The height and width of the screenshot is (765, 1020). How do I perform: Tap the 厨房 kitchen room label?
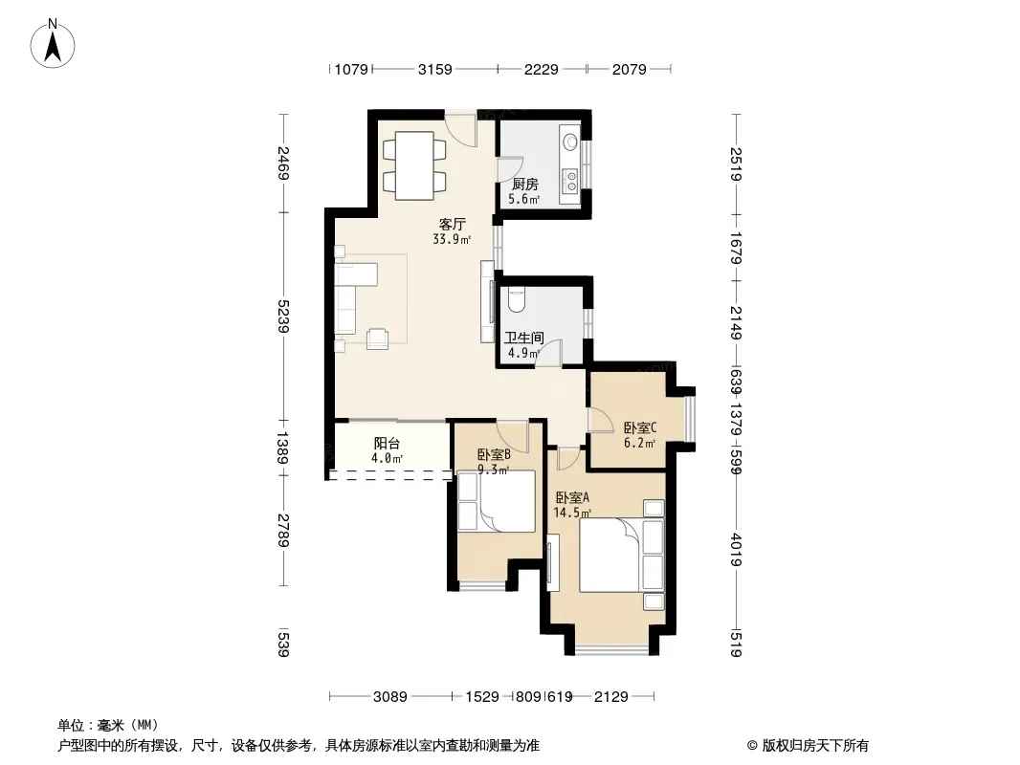point(525,184)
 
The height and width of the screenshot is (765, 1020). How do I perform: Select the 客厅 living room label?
point(452,224)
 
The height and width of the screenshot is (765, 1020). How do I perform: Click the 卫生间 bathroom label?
point(524,338)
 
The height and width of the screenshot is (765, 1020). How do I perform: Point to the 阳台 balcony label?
point(388,444)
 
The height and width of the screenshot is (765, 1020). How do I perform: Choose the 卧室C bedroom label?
point(640,427)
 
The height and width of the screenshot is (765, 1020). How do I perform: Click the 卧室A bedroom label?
point(572,498)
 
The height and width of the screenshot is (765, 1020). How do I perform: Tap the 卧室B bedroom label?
point(494,454)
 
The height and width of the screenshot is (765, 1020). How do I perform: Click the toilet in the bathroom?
point(515,298)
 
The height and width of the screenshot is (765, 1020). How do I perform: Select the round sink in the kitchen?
point(570,141)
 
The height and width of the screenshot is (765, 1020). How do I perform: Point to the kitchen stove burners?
point(571,181)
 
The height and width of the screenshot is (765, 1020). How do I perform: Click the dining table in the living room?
point(415,165)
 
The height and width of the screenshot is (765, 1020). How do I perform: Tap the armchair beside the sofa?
point(377,339)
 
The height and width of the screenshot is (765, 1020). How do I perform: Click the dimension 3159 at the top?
point(434,69)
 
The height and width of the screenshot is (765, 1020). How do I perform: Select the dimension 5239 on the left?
point(283,316)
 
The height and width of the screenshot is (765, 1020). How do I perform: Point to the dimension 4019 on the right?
point(736,549)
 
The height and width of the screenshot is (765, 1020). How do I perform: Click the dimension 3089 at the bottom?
point(390,697)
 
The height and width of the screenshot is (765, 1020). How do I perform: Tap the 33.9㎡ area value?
point(452,239)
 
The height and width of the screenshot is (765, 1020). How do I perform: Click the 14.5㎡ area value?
point(572,513)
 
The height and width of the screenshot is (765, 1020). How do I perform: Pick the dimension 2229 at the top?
point(542,69)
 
